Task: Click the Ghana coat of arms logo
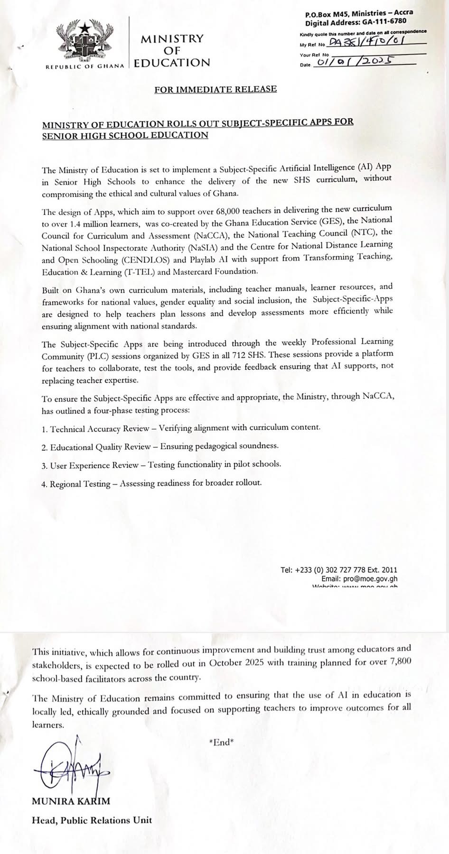(x=86, y=42)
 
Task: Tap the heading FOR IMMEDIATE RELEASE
(x=215, y=89)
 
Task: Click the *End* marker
(x=222, y=743)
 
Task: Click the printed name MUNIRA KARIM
(x=71, y=801)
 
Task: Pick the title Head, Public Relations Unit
(x=92, y=820)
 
